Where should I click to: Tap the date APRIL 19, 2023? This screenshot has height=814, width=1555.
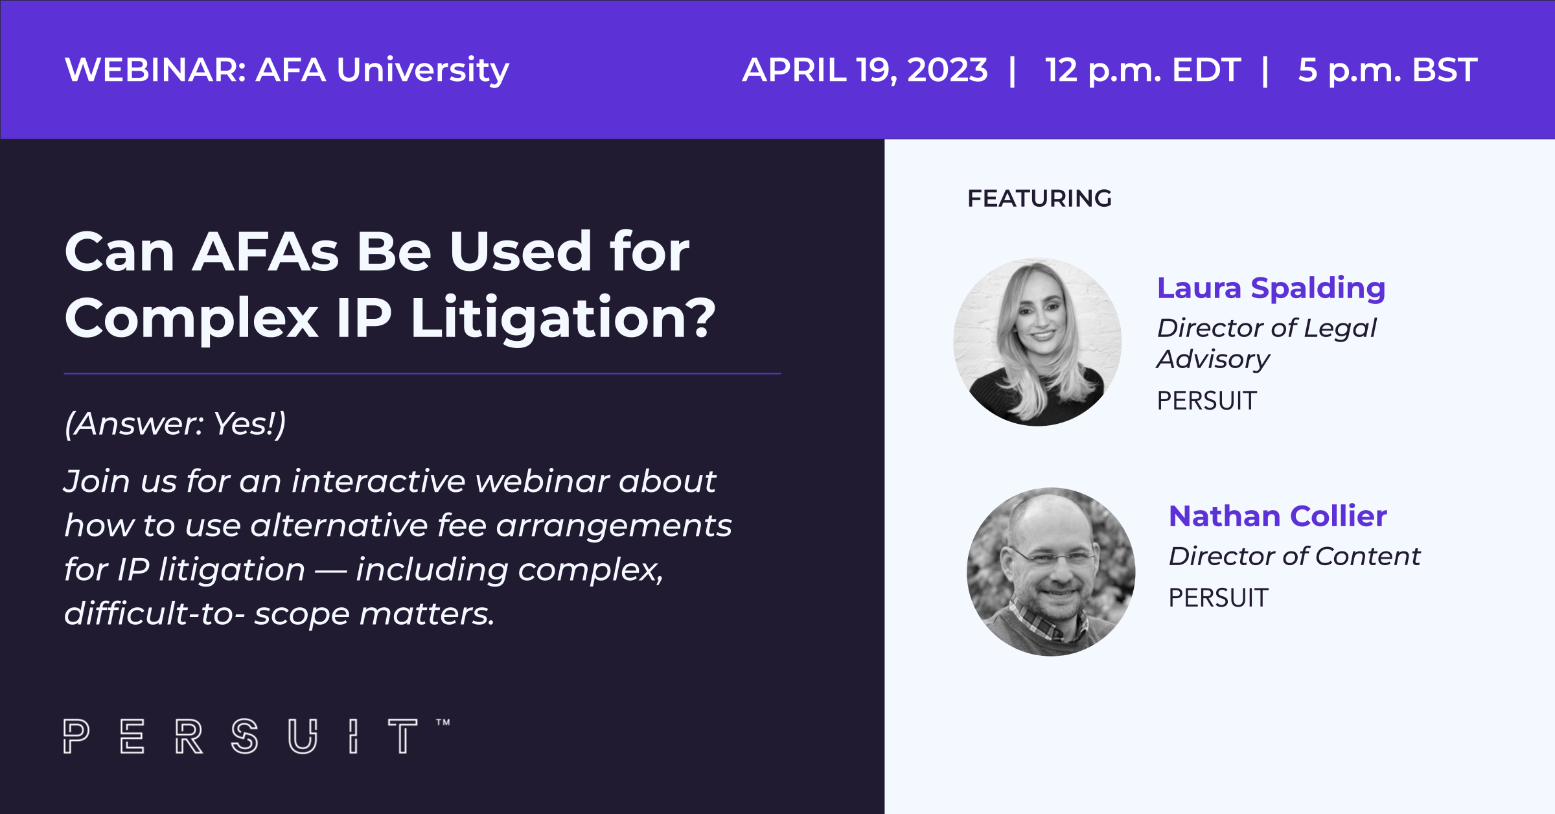865,70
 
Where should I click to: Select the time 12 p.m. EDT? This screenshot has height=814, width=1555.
1143,71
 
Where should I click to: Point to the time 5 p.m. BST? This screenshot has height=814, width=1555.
1388,71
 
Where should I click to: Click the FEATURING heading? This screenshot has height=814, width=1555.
1039,198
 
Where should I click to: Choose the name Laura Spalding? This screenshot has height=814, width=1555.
1271,288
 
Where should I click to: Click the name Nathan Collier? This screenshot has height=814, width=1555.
1278,517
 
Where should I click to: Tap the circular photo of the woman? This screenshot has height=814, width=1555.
1037,342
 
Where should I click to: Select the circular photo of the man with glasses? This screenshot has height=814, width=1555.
1051,572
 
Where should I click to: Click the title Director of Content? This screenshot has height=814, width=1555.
1295,556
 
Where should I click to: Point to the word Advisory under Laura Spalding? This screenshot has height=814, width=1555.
1214,360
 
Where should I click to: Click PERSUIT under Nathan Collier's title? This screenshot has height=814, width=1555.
1218,598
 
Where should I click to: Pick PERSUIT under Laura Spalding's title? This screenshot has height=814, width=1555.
1207,401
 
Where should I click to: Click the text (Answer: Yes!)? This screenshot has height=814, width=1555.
175,424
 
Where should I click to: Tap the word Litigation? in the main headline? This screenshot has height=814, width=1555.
564,318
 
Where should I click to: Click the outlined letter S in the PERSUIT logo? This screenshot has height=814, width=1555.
245,736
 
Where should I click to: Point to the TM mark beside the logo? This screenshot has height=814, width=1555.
443,722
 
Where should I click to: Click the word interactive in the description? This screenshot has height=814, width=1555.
378,482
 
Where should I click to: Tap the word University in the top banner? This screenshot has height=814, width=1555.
423,71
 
